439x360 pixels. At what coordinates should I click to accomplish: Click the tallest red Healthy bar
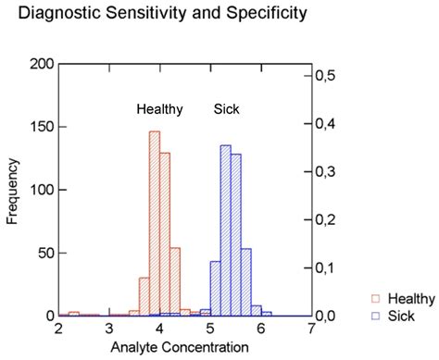(155, 222)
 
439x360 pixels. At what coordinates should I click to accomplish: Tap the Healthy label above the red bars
(160, 109)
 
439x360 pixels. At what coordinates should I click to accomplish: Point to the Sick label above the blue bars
(227, 109)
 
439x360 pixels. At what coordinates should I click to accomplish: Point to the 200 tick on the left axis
(43, 64)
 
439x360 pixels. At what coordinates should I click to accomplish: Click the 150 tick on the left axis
(43, 127)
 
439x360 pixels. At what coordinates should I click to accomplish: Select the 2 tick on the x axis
(59, 329)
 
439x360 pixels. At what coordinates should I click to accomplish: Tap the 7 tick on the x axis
(310, 329)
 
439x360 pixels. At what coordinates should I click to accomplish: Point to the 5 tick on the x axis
(209, 329)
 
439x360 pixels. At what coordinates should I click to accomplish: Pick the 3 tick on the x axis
(109, 329)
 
